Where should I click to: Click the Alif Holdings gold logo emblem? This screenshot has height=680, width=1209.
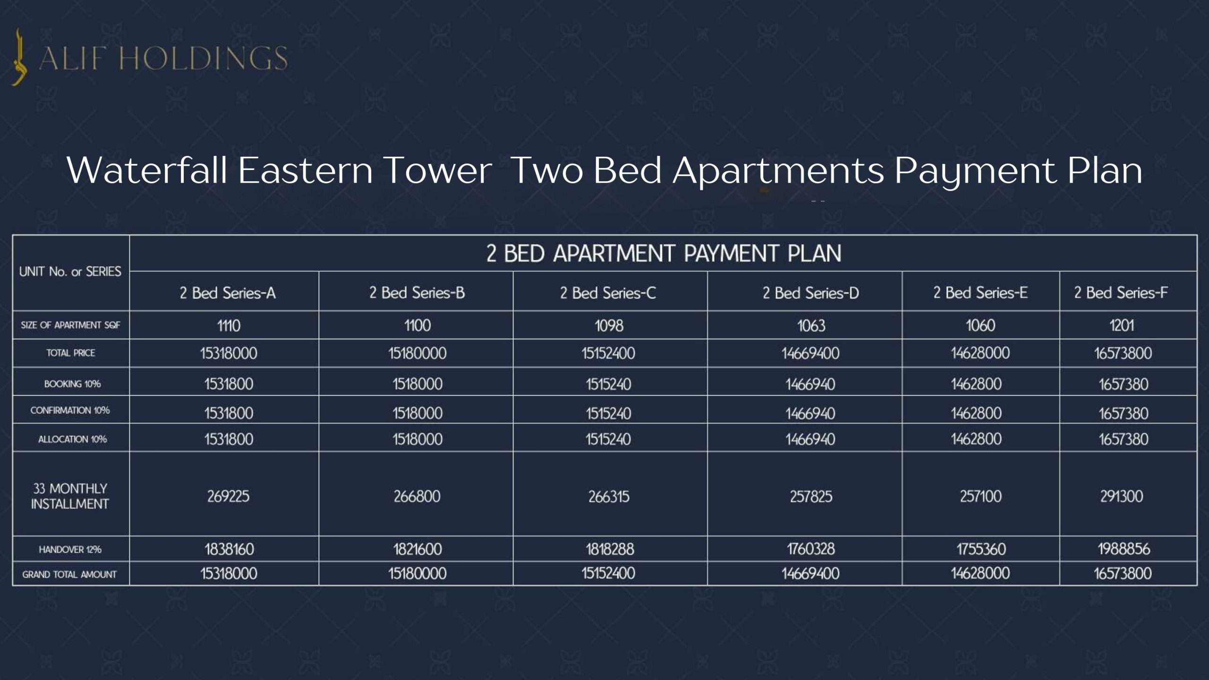point(19,57)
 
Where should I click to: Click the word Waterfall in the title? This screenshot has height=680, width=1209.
point(148,170)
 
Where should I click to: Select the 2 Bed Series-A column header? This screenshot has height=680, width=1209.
point(228,293)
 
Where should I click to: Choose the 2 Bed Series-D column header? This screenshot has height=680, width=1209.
point(810,293)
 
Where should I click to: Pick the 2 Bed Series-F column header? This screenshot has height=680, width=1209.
point(1121,293)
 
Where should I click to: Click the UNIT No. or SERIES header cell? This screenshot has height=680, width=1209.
point(70,272)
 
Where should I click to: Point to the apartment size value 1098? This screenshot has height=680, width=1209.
point(609,325)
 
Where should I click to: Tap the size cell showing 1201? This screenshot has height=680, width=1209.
point(1122,325)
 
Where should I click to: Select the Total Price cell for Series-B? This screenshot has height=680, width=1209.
point(417,353)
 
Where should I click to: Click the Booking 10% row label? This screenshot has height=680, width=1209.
point(72,384)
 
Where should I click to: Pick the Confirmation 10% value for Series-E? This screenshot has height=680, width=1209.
point(976,413)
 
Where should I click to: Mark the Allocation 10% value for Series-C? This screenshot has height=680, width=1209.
point(608,439)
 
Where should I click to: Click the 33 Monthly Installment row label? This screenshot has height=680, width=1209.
point(70,496)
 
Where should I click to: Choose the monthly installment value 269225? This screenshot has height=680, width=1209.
point(228,496)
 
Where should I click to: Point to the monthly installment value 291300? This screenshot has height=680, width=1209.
point(1122,496)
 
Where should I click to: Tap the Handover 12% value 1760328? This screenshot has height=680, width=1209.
point(811,549)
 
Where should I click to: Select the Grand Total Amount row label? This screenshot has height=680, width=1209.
point(69,575)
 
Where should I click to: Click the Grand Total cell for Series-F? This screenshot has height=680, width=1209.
point(1123,574)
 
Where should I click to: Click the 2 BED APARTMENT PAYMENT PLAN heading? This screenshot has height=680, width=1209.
point(664,254)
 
